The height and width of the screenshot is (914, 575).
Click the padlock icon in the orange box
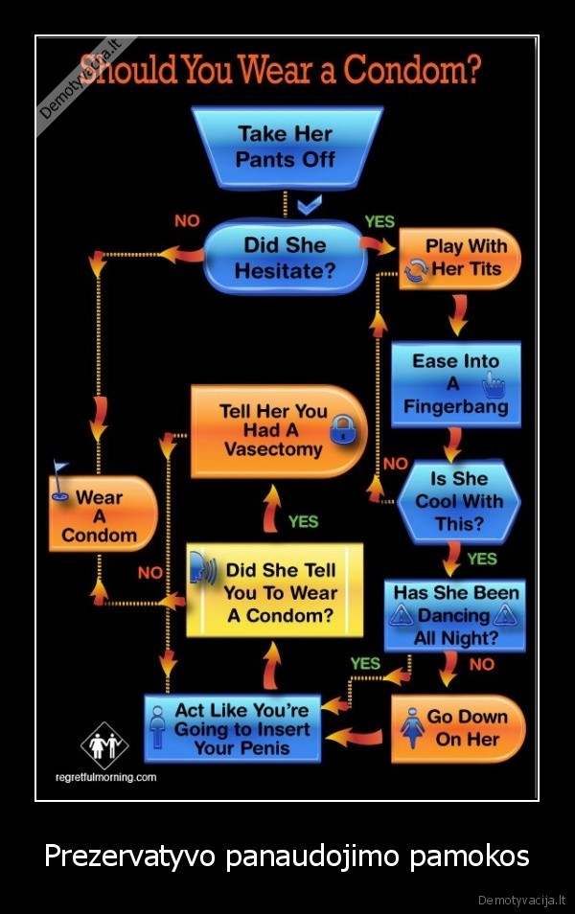pos(341,430)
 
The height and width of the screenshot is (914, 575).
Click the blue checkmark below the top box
pos(309,205)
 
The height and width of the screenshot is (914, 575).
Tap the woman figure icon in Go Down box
pos(411,728)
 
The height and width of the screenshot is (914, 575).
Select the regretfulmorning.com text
pos(106,777)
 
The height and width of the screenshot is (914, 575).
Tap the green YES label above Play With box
pos(379,221)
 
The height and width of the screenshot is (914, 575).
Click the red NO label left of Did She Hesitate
pos(187,221)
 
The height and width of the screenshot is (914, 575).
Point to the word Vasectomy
pos(273,449)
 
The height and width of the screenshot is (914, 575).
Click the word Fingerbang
pos(455,406)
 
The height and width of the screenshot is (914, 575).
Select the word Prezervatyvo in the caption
pos(129,855)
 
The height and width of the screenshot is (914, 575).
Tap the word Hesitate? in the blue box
pos(285,271)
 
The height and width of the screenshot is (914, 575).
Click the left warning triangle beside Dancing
pos(401,615)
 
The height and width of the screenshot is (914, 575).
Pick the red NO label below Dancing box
pos(482,663)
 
